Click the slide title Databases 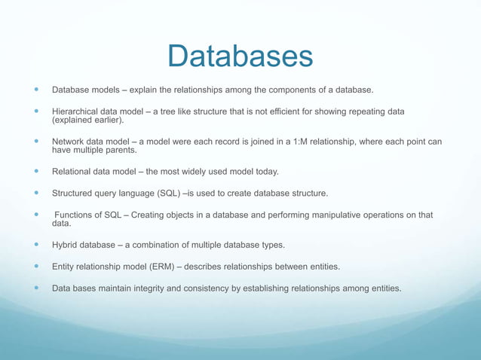(240, 56)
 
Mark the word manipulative (337, 215)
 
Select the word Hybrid (66, 245)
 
